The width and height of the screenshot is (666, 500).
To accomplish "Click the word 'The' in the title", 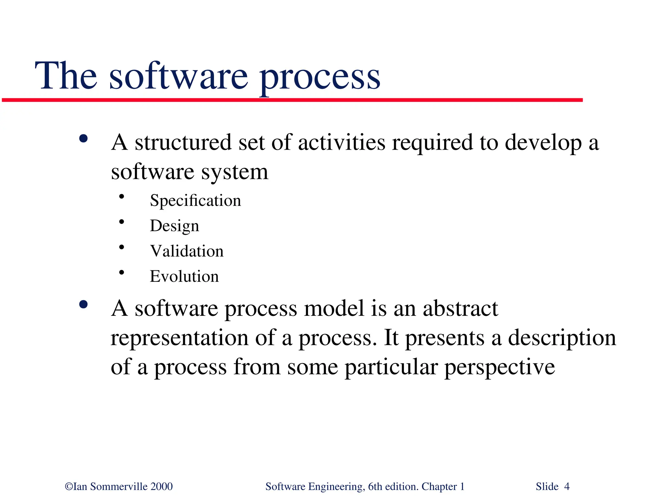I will click(66, 76).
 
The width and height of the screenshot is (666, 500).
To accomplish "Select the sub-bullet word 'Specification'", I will click(195, 201).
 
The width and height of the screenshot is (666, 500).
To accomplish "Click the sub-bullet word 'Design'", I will click(174, 226).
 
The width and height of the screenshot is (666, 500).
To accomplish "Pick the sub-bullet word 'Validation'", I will click(187, 251).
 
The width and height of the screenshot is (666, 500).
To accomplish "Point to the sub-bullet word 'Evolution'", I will click(184, 277).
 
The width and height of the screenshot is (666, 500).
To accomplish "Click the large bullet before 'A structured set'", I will click(84, 139).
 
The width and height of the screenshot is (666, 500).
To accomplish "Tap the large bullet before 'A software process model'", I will click(84, 304).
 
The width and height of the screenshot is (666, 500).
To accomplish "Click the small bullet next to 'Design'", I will click(122, 222).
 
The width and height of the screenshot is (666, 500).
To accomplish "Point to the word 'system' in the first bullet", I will click(234, 172).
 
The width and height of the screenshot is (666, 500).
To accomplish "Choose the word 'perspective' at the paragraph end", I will click(499, 367).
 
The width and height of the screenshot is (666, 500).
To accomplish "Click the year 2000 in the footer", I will click(162, 487).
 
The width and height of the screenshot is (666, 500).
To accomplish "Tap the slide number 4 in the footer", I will click(567, 487).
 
